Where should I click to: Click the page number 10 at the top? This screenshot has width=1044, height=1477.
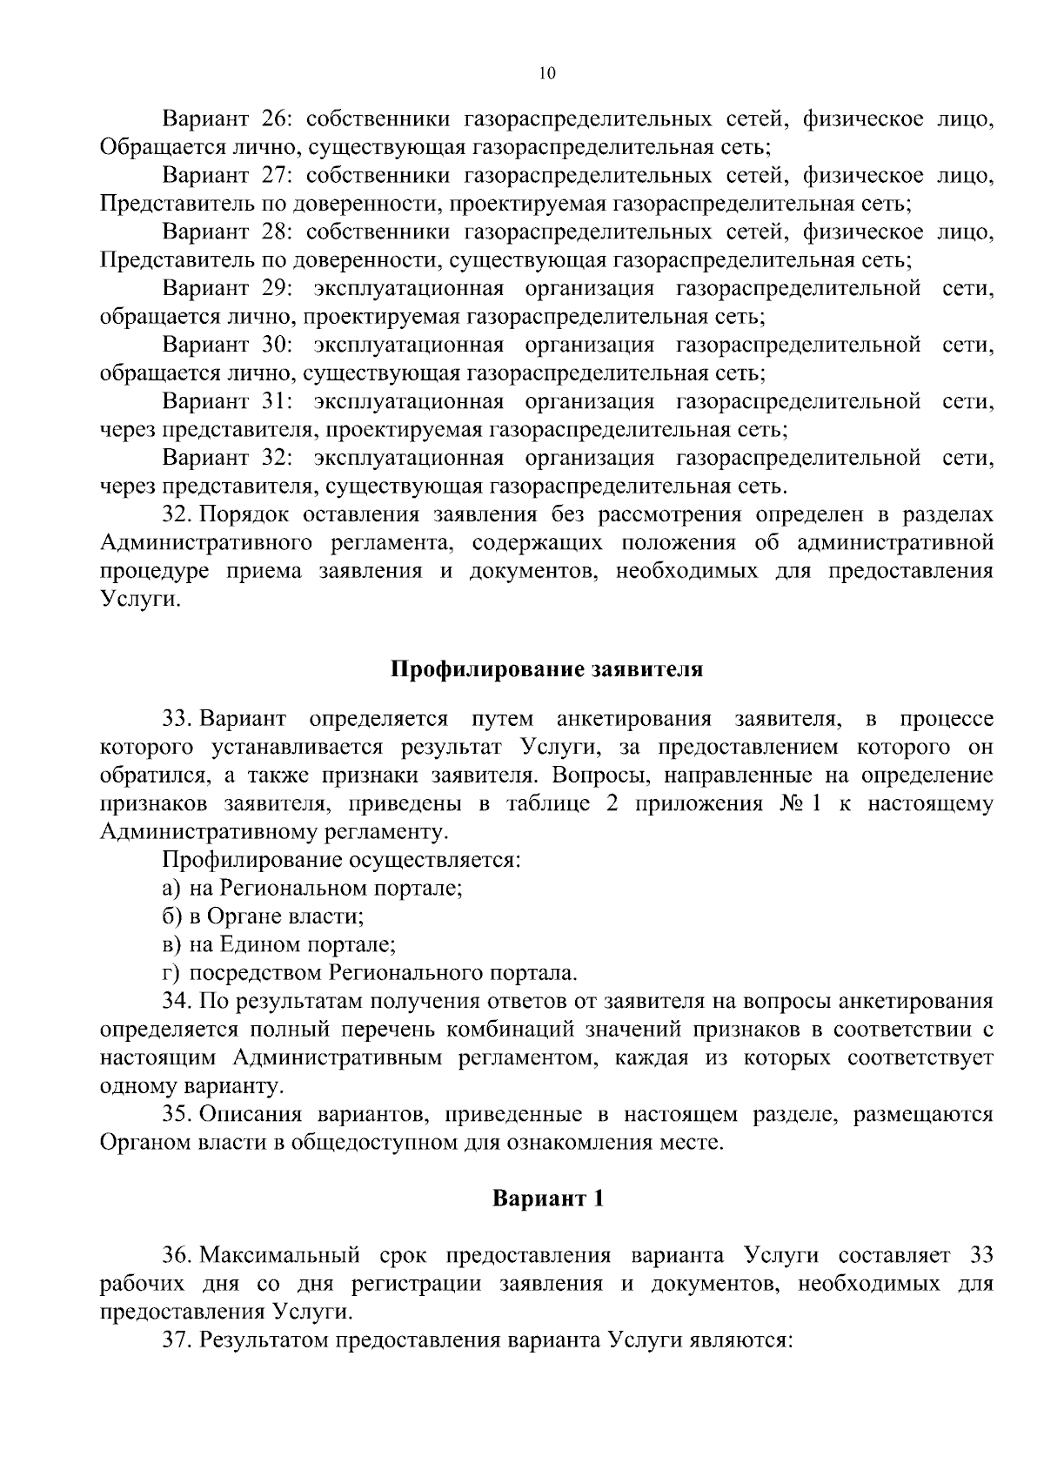546,74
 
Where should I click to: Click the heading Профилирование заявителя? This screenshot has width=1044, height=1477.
546,669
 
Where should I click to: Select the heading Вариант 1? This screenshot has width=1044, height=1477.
547,1198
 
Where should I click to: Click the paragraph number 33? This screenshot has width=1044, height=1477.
177,719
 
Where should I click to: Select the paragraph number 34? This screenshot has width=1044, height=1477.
177,1001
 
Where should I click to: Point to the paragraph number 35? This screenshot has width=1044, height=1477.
177,1114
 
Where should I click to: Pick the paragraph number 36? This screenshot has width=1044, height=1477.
177,1256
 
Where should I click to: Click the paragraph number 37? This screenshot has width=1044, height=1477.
177,1339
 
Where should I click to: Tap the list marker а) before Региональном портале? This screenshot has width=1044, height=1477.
171,889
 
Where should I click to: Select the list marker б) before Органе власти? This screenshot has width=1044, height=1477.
171,916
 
